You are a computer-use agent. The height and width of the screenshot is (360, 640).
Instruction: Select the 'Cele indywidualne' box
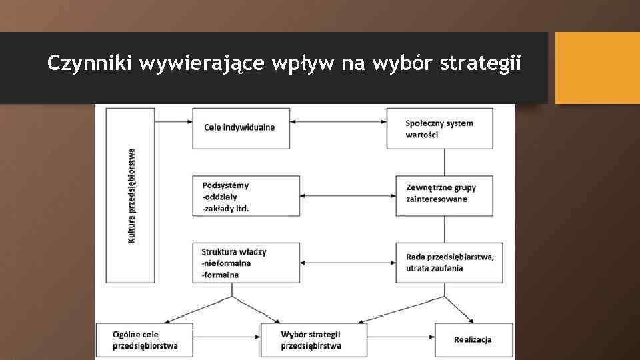click(241, 128)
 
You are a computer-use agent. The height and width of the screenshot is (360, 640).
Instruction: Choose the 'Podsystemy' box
click(245, 196)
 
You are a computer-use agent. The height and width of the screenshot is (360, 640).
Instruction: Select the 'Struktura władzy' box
click(245, 263)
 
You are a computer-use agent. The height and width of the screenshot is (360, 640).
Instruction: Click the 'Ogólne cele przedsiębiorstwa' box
click(144, 340)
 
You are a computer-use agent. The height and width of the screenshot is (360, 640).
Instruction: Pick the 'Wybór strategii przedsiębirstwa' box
click(313, 340)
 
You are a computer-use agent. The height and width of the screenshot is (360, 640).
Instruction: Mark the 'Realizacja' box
click(473, 340)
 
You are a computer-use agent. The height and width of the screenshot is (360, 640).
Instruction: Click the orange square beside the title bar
click(597, 69)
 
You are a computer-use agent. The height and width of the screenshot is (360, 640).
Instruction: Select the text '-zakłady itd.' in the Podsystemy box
click(225, 208)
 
